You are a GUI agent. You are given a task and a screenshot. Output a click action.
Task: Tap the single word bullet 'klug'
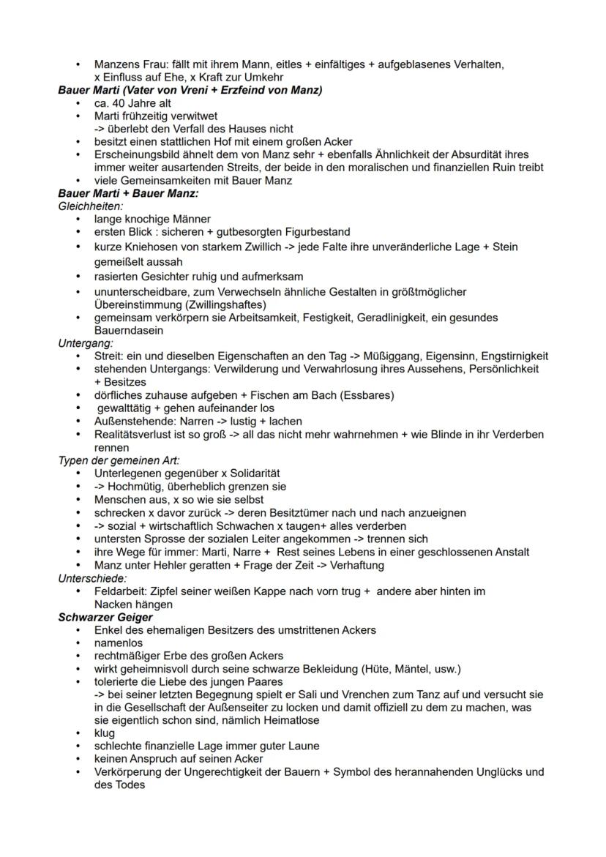105,733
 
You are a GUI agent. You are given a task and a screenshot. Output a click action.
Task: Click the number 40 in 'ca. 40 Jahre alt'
120,103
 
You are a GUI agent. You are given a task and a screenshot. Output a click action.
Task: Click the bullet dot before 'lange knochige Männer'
78,219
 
